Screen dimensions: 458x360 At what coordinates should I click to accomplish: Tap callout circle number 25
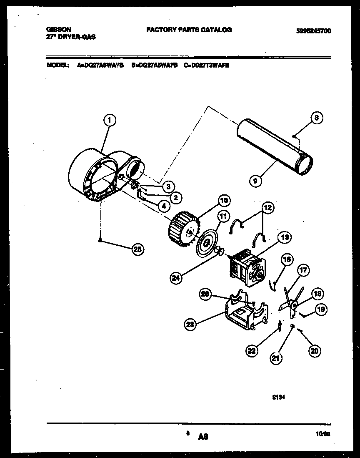click(x=137, y=249)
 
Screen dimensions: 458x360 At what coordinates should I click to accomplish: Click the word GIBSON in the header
click(x=58, y=30)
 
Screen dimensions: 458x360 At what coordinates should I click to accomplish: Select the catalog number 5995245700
click(x=313, y=30)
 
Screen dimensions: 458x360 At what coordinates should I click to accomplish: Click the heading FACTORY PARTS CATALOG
click(x=189, y=30)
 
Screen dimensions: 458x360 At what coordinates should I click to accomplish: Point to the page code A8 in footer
click(x=203, y=437)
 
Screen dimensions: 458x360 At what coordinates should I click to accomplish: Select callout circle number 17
click(x=303, y=271)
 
